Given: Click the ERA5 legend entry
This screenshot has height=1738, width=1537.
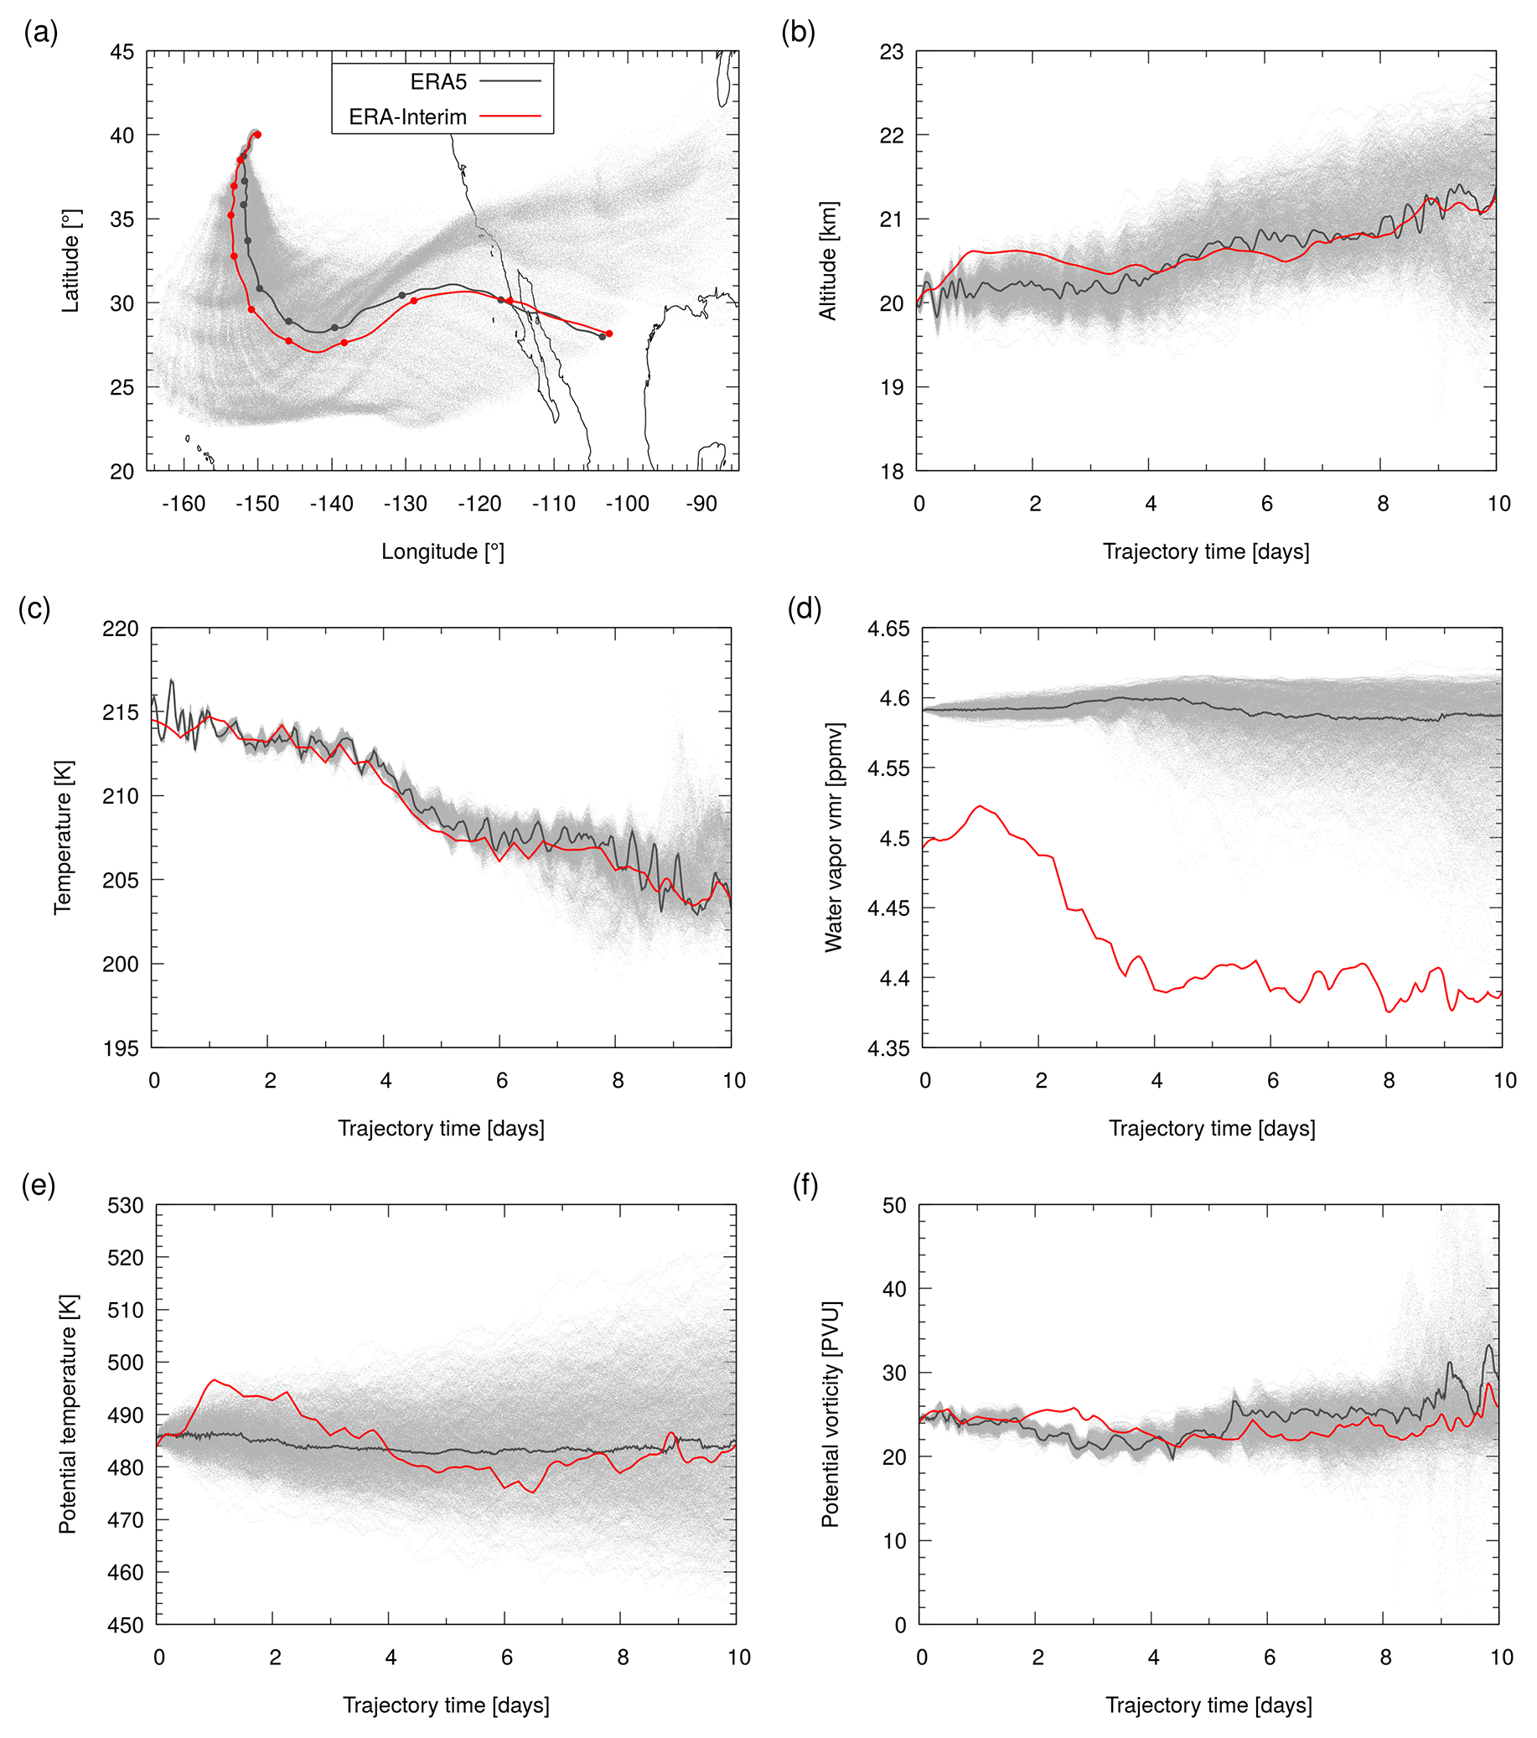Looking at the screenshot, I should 438,81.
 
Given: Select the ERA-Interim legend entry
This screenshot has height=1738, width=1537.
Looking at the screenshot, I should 407,117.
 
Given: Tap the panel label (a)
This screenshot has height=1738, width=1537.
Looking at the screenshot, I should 41,34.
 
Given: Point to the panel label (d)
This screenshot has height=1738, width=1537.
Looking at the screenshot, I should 804,609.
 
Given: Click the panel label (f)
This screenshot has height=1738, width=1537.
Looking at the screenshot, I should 805,1185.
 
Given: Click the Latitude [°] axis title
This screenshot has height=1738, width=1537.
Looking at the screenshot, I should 71,261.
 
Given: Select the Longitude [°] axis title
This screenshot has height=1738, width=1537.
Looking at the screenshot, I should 442,552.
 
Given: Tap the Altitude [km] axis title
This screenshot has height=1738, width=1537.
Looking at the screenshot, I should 828,261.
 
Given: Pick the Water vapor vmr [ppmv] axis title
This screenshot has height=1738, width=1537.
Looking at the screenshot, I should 834,837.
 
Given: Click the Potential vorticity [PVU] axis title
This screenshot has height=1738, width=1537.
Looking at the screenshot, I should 831,1414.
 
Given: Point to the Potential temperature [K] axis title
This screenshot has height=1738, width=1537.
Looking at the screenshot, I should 67,1414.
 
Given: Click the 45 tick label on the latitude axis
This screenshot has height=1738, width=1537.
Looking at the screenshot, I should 122,52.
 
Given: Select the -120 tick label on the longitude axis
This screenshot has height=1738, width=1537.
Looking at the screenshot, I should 479,504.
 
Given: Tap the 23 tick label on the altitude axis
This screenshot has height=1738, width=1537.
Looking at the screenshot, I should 892,52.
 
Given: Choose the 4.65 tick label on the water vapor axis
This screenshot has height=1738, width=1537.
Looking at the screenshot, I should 888,629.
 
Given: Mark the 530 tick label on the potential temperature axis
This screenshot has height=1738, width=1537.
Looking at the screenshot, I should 127,1206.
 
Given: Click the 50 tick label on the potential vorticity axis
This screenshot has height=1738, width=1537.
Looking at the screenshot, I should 895,1206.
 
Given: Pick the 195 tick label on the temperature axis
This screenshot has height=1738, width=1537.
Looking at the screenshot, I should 121,1048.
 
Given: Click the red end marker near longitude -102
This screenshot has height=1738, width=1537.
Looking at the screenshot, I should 609,334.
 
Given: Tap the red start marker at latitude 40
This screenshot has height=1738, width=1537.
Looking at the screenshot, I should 258,134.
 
